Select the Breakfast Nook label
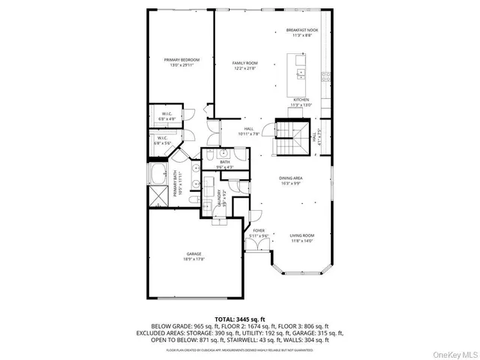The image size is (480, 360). click(301, 31)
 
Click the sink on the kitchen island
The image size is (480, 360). click(301, 73)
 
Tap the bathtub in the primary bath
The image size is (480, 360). click(158, 178)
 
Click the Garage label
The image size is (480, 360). click(193, 254)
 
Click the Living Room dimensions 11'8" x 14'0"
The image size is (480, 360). click(301, 241)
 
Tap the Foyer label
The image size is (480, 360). click(258, 230)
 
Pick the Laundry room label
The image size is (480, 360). click(220, 199)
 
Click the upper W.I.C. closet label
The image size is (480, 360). click(166, 114)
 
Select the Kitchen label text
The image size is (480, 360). click(301, 99)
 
